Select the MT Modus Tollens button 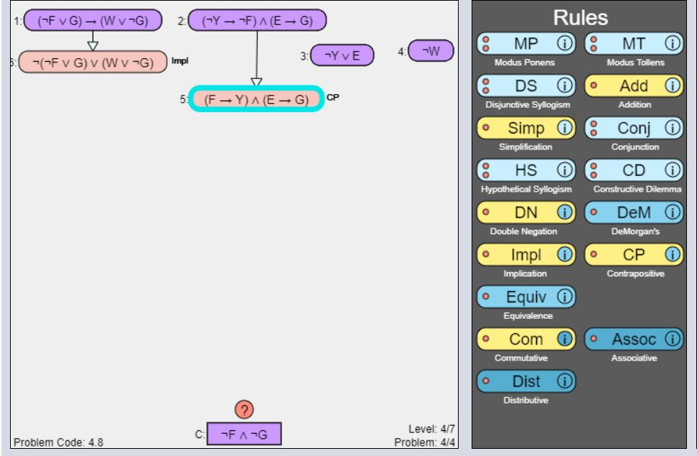628,44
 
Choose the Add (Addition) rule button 628,86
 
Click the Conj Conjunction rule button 628,129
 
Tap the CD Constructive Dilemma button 628,170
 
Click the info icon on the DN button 564,213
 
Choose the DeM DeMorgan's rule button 628,213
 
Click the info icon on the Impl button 564,254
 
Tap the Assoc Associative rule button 628,339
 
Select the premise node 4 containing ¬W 431,51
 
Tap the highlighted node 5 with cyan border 257,100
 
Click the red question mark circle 244,410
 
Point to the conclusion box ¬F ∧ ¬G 243,434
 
